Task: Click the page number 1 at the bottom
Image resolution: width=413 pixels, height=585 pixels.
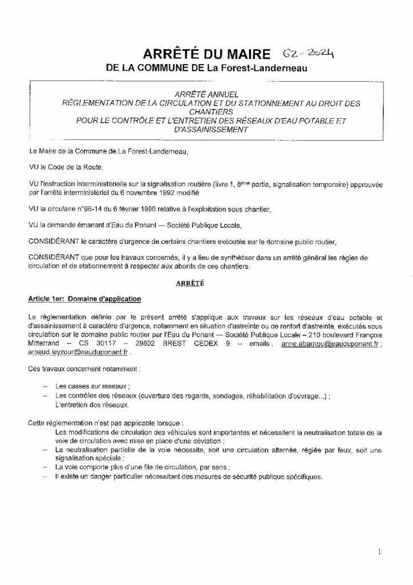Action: [379, 552]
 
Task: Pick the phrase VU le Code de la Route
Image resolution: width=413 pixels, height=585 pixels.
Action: [66, 168]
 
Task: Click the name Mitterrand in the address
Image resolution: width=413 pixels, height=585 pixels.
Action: [46, 345]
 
